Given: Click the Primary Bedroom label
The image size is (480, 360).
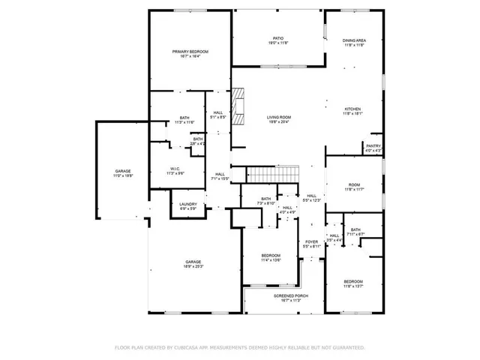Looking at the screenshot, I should click(x=190, y=53).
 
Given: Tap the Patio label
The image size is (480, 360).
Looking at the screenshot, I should click(x=277, y=40).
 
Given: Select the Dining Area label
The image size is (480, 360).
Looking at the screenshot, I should click(x=354, y=43).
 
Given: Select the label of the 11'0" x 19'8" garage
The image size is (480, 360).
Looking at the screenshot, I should click(x=123, y=173).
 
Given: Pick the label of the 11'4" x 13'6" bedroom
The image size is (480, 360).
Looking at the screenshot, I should click(x=271, y=257).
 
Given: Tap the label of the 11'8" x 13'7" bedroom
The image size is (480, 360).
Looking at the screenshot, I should click(x=353, y=283).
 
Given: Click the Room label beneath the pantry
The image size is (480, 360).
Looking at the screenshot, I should click(x=353, y=187).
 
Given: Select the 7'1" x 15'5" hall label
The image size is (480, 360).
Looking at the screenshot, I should click(x=219, y=176).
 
